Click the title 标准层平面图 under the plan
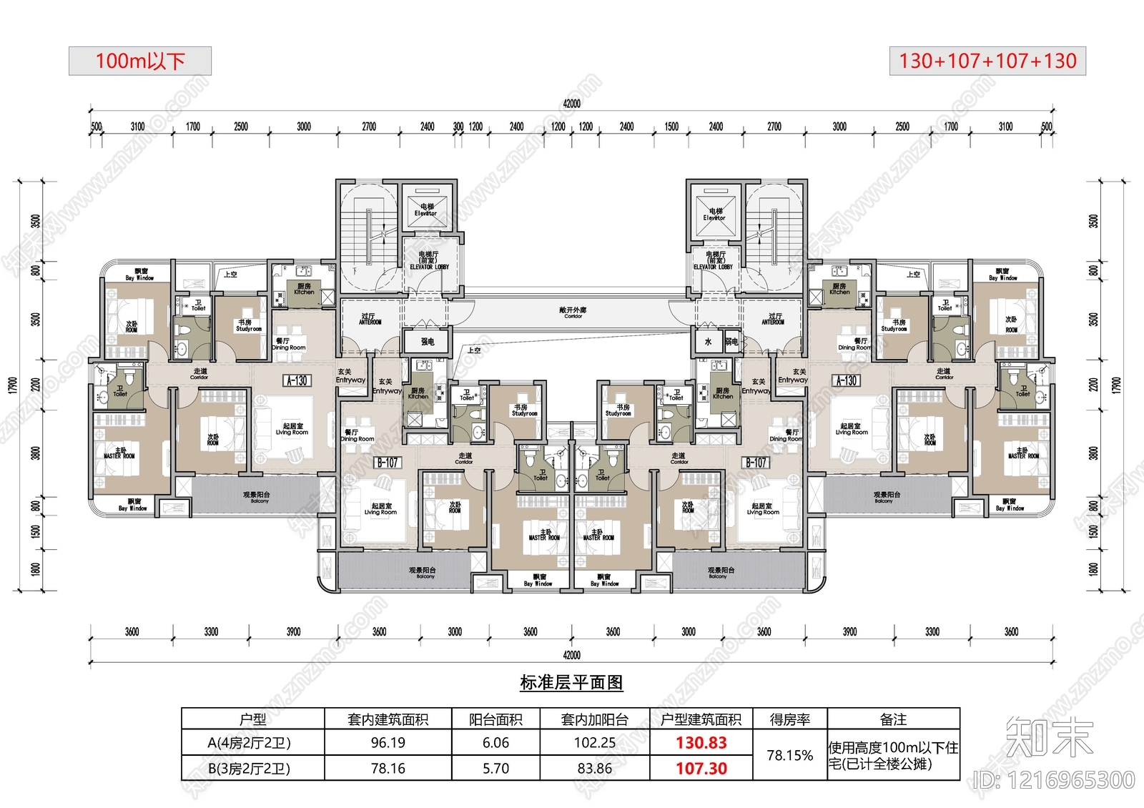point(571,683)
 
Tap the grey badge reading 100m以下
point(140,61)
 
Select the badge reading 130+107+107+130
point(987,61)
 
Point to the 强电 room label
point(428,342)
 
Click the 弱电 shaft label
point(731,342)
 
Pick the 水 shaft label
point(708,342)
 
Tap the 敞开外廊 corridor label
point(573,311)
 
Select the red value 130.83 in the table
point(701,743)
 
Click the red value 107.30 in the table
point(701,769)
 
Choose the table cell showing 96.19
point(388,743)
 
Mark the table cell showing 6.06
point(495,743)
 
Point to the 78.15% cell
point(789,756)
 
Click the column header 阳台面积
point(495,719)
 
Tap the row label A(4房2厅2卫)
point(249,743)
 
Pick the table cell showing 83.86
point(594,769)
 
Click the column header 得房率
point(789,719)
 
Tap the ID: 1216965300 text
point(1054,780)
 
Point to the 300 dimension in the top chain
point(458,127)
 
